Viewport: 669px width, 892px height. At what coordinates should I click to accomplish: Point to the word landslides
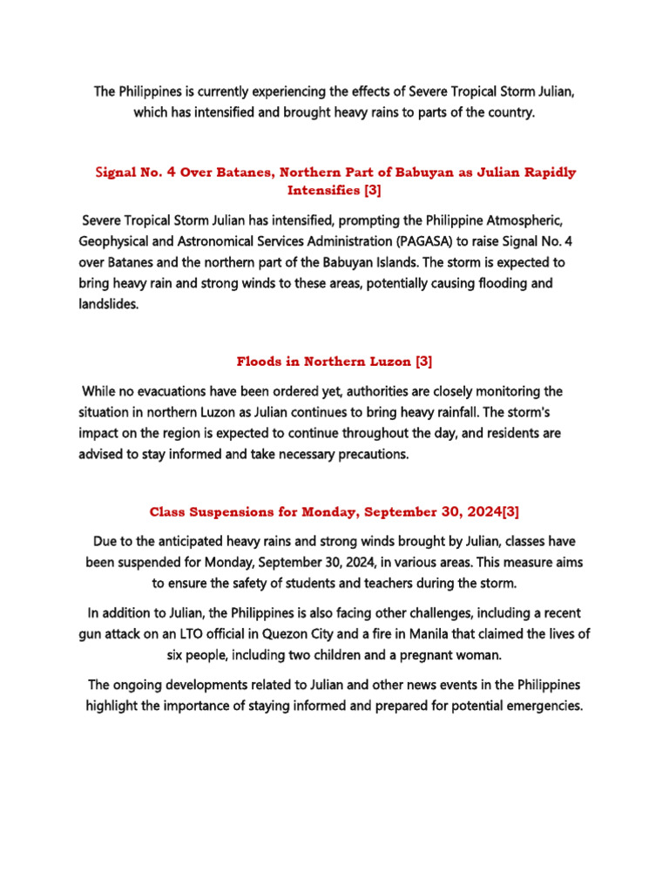(x=109, y=306)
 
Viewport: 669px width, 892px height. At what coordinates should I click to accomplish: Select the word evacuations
(x=189, y=390)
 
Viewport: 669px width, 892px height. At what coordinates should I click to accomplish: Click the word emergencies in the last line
(x=539, y=706)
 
